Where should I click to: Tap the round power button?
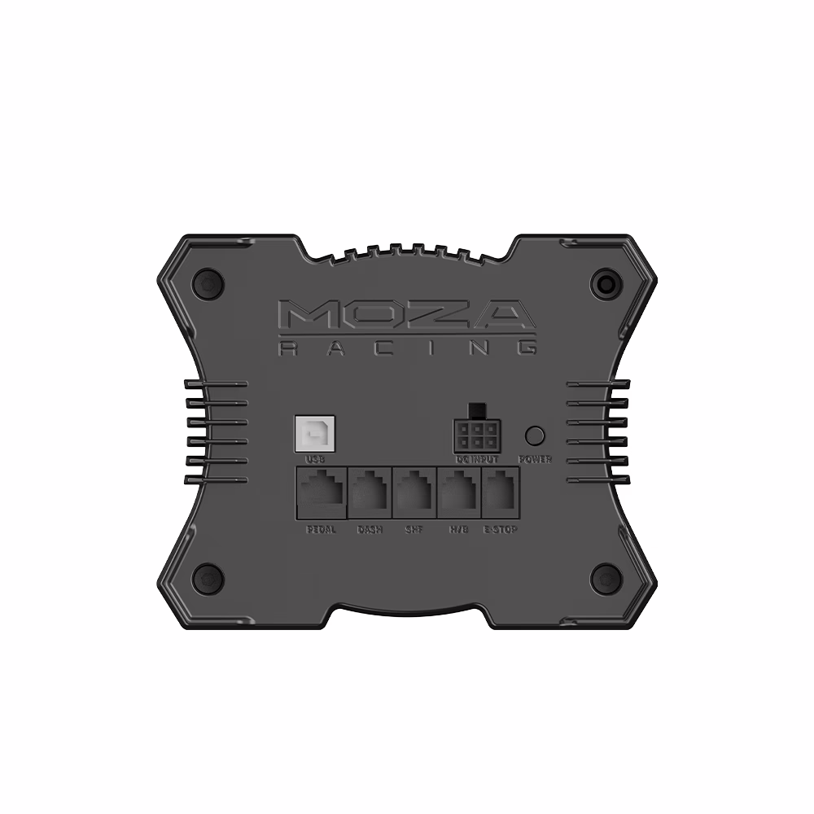535,435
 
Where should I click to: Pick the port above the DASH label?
370,492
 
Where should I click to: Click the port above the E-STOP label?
501,492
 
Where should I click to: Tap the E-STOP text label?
501,529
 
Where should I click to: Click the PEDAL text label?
322,529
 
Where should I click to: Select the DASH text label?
370,529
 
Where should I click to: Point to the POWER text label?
535,460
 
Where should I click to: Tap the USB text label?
314,460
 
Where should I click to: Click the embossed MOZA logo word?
406,315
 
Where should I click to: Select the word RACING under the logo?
406,348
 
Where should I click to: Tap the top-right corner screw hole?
606,283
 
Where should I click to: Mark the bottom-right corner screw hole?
606,578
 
